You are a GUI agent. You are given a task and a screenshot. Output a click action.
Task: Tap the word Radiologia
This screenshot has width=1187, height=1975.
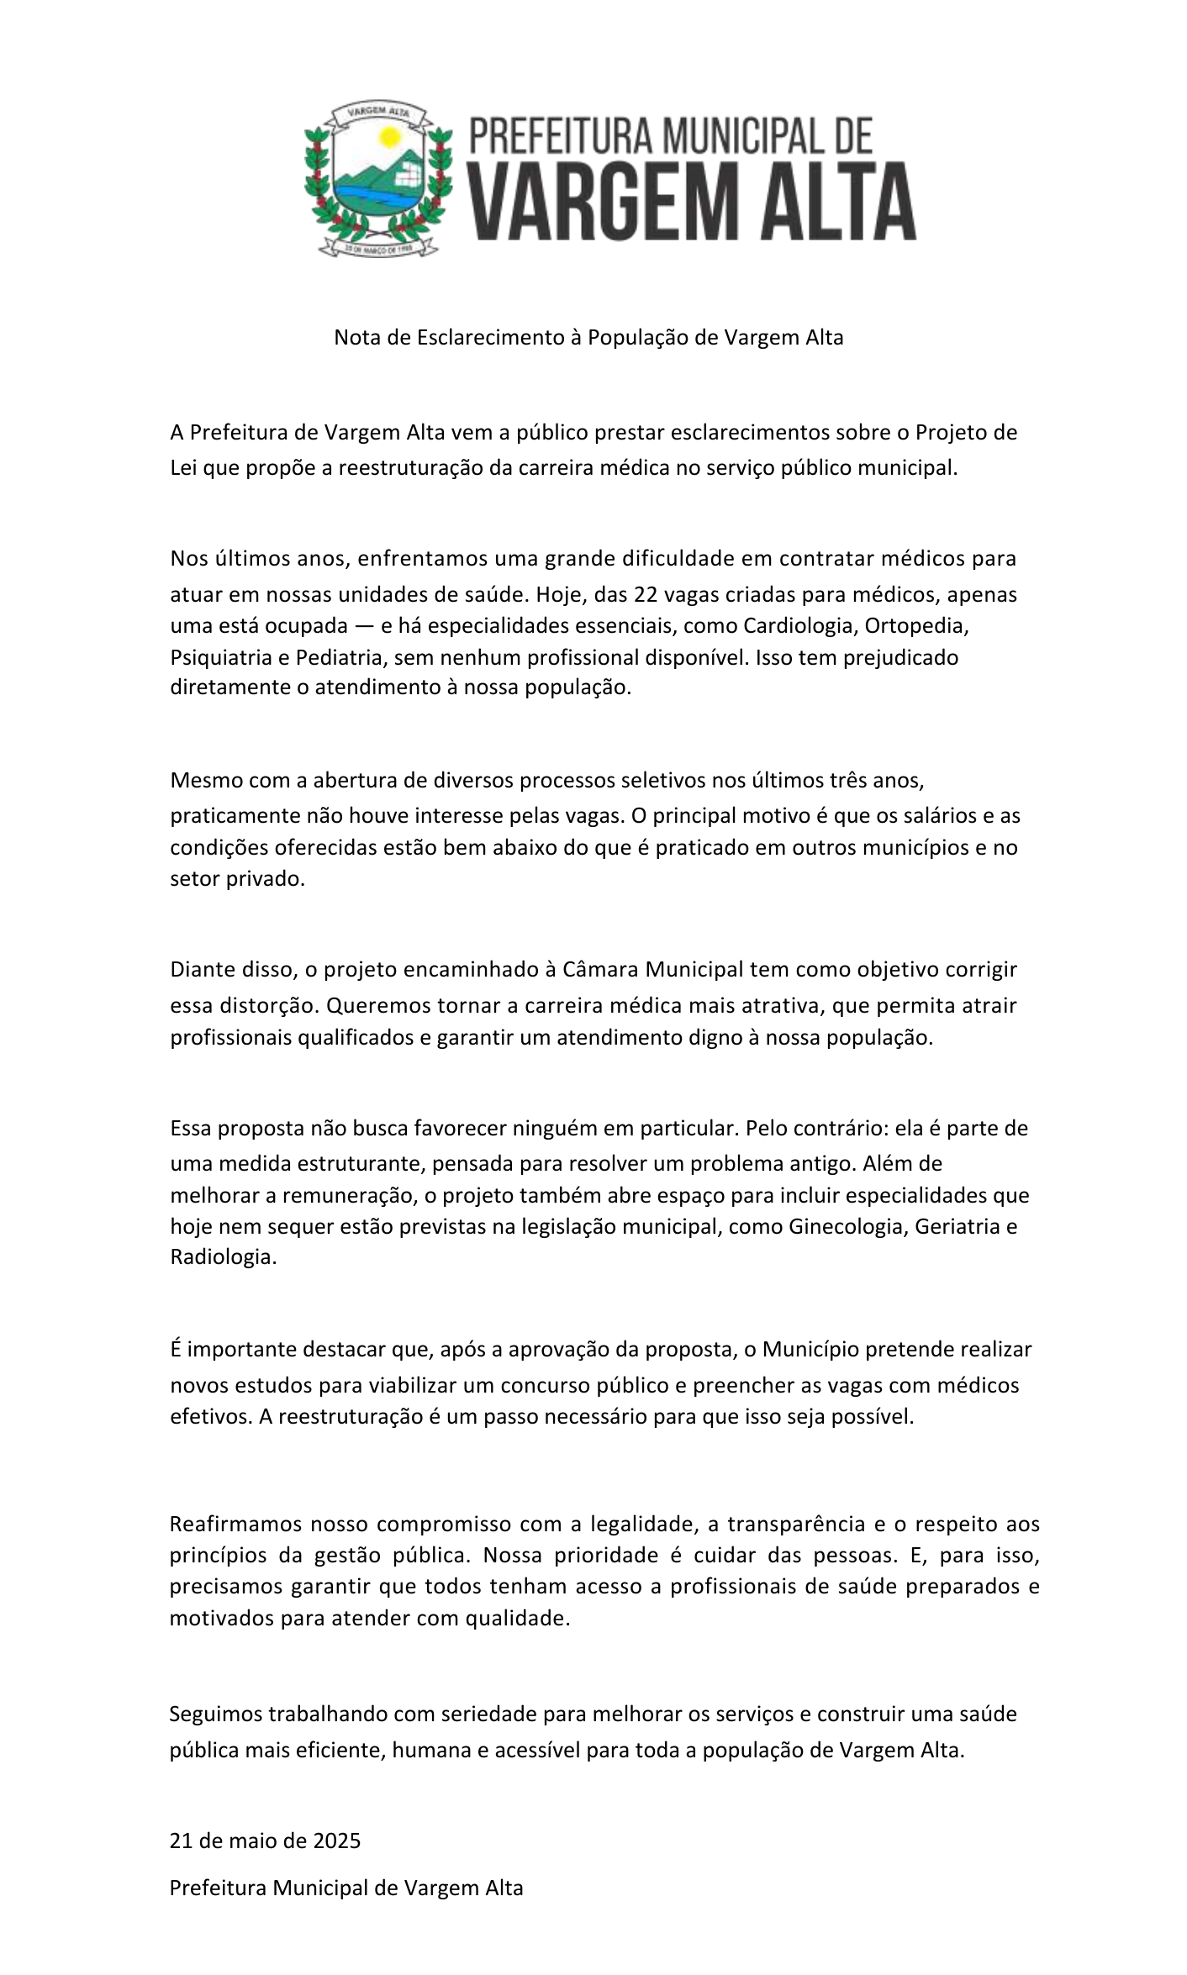coord(223,1258)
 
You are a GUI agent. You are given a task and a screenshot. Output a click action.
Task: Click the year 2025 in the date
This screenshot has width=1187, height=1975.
coord(337,1841)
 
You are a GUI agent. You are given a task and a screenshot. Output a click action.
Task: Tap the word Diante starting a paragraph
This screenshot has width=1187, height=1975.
coord(203,970)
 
